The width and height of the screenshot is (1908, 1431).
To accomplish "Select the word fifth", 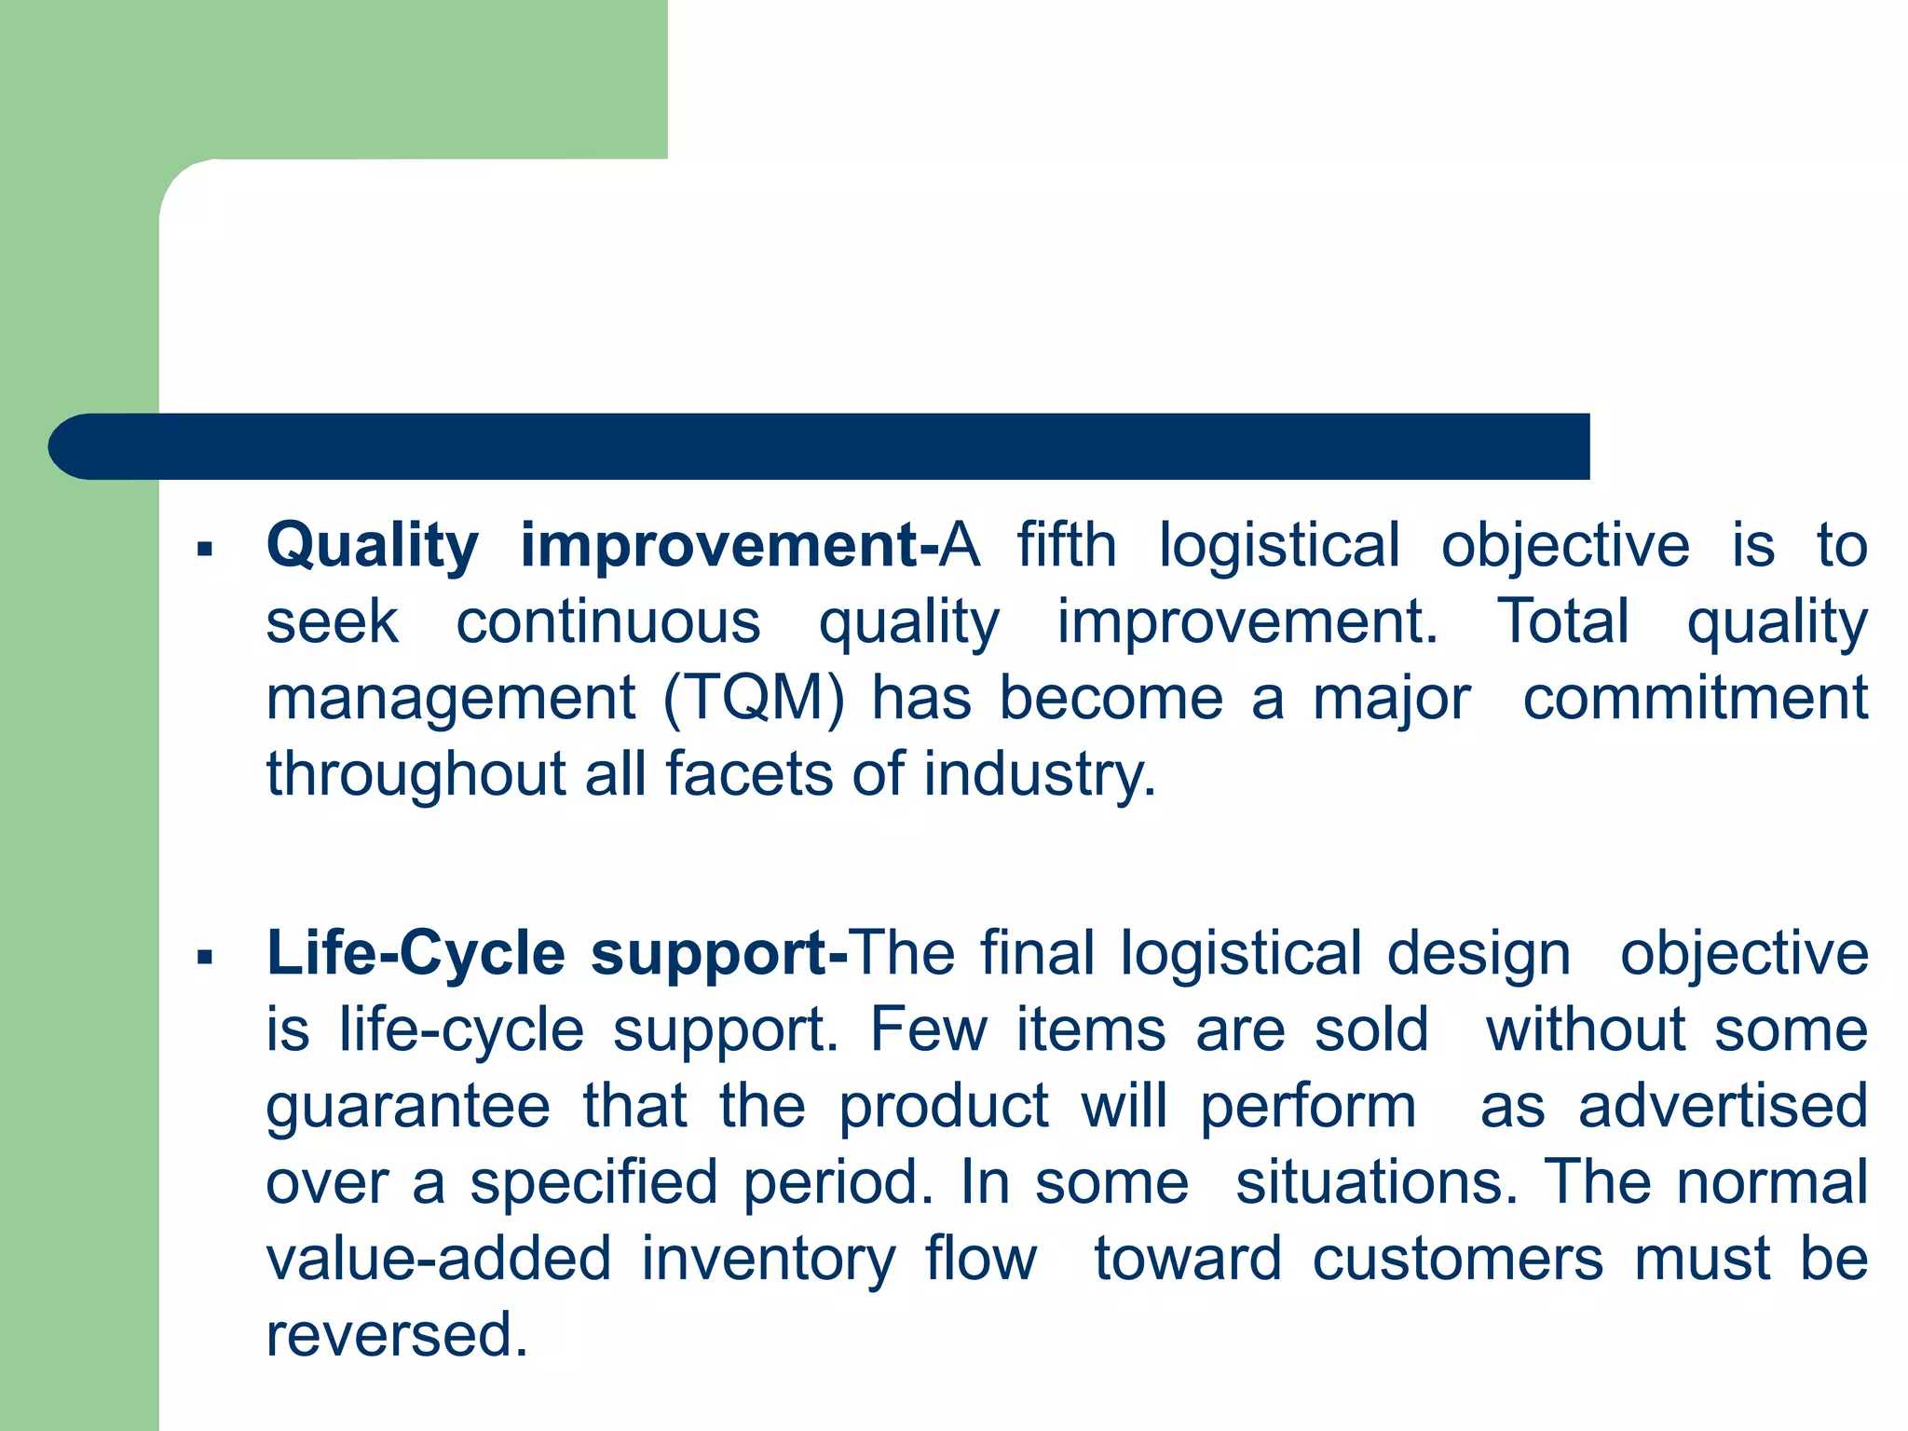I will coord(1066,546).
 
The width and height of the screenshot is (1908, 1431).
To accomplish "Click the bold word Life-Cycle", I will coord(416,955).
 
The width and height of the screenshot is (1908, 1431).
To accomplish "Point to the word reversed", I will coord(397,1335).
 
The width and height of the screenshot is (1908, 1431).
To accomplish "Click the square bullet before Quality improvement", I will coord(205,550).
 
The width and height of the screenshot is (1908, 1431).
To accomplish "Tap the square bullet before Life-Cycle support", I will coord(205,957).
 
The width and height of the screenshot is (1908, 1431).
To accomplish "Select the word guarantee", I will coord(408,1108).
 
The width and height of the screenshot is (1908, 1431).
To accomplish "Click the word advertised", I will coord(1723,1107).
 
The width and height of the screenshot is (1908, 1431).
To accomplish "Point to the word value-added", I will coord(438,1259).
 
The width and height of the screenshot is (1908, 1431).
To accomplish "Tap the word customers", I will coord(1457,1259).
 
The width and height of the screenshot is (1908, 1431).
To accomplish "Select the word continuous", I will coord(607,622).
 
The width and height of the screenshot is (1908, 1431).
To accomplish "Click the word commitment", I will coord(1695,699).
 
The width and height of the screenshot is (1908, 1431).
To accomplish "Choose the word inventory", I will coord(768,1260).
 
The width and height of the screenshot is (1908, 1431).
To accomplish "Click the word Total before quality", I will coord(1562,622).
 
